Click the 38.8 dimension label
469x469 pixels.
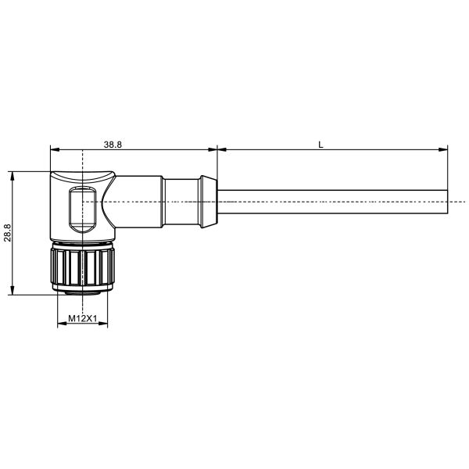113,145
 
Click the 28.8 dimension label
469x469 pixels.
8,233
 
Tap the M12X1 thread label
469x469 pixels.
83,319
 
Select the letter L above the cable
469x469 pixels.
321,145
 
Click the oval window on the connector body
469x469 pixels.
82,209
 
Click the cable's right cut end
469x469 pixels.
447,202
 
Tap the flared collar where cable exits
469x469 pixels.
209,202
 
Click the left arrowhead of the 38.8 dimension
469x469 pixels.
55,149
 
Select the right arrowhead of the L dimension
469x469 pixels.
443,149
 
